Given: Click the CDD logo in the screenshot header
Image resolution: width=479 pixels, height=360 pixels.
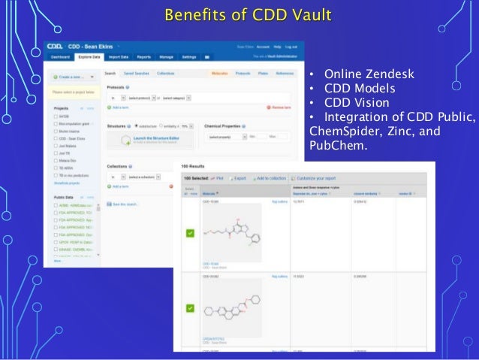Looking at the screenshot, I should [59, 45].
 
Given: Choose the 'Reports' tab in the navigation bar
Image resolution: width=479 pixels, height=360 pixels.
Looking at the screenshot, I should [144, 56].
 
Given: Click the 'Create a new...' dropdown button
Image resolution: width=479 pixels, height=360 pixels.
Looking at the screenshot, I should [71, 77].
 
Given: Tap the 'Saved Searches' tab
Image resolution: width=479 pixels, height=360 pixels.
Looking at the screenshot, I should [137, 74].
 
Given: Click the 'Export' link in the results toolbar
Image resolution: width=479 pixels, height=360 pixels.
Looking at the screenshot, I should [239, 177].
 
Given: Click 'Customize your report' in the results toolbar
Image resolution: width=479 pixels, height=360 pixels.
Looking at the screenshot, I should [323, 177].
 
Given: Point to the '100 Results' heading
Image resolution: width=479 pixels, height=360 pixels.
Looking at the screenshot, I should [194, 165].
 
